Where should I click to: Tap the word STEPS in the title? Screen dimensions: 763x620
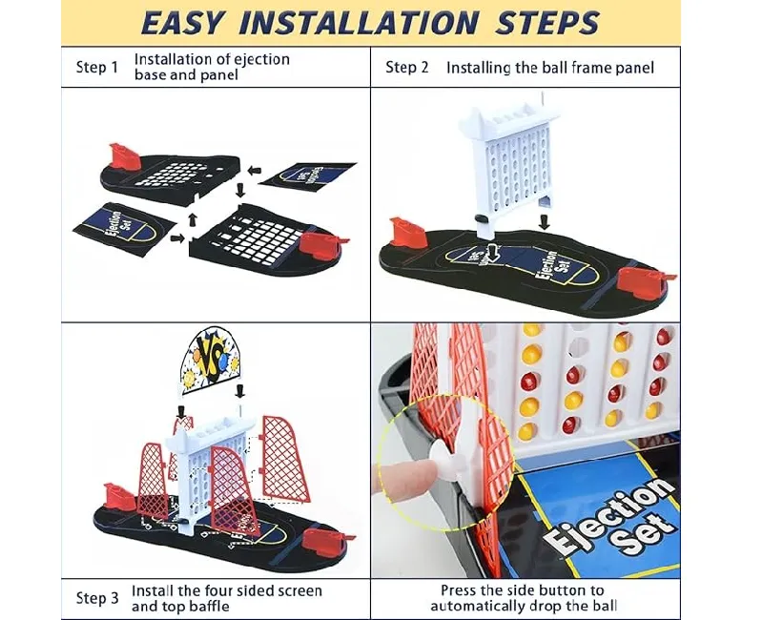(x=546, y=23)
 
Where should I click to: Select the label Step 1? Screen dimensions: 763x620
(x=97, y=67)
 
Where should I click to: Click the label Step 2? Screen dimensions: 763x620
(x=407, y=67)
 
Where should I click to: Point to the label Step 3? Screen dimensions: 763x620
(x=97, y=598)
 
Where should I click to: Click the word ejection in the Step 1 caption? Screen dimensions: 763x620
(x=261, y=60)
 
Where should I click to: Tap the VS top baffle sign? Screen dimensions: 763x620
(x=212, y=359)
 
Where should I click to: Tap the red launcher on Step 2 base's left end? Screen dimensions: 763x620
(x=408, y=233)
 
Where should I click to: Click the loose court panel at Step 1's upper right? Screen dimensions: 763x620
(x=307, y=179)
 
